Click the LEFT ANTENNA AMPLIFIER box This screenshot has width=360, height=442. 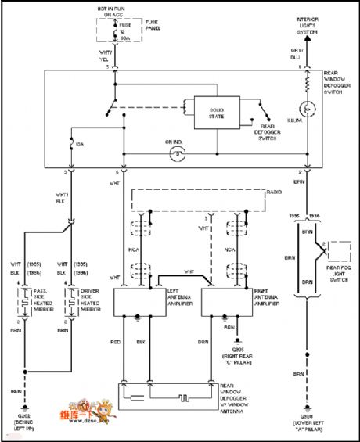coord(138,300)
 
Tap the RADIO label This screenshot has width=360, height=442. coord(273,191)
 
